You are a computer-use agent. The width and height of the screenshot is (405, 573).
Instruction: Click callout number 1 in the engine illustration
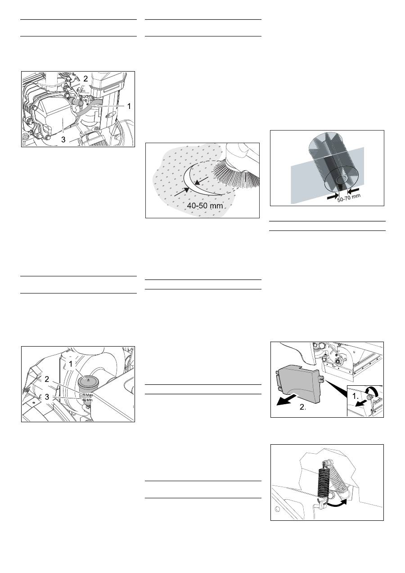129,106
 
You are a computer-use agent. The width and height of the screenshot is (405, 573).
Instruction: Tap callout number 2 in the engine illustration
85,78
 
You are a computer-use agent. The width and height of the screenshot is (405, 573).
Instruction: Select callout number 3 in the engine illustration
63,140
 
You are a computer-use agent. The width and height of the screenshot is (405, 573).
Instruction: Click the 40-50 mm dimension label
205,205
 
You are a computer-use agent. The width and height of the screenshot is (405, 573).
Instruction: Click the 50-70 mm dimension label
349,198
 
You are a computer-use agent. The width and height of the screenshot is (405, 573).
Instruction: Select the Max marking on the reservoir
89,395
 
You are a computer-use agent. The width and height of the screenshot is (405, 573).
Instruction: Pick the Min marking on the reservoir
90,400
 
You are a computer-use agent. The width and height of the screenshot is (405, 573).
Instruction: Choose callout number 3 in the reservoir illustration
47,397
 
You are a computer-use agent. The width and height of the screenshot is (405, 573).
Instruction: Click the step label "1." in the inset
355,396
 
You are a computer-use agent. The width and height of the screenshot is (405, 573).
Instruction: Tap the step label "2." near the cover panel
303,407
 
